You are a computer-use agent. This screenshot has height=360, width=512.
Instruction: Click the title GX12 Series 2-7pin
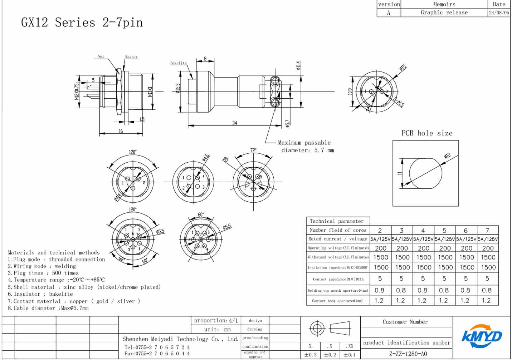[82, 23]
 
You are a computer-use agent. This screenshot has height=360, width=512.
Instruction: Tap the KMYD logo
[481, 336]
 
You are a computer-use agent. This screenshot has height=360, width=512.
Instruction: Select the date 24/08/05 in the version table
[499, 13]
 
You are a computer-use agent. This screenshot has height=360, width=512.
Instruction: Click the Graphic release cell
[444, 13]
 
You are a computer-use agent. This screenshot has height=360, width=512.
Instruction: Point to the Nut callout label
[101, 56]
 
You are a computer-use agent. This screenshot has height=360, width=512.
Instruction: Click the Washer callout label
[131, 57]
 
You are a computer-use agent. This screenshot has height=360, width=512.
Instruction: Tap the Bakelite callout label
[178, 63]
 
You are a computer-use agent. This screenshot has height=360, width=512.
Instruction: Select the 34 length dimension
[234, 123]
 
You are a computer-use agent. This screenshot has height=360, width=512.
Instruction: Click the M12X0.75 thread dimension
[77, 92]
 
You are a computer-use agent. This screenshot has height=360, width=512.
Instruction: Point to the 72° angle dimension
[253, 151]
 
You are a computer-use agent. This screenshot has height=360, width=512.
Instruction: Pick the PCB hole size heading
[427, 133]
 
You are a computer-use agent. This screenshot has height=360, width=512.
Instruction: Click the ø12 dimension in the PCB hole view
[447, 156]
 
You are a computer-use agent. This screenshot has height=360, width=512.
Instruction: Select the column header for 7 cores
[487, 231]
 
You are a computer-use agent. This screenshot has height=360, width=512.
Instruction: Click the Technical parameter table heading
[336, 221]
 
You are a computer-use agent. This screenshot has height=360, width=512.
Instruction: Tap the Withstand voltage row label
[338, 257]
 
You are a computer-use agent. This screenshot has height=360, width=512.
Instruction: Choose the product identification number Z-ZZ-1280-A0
[408, 354]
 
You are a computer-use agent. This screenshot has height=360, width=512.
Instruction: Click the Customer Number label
[405, 322]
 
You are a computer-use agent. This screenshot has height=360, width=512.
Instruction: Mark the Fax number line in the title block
[157, 354]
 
